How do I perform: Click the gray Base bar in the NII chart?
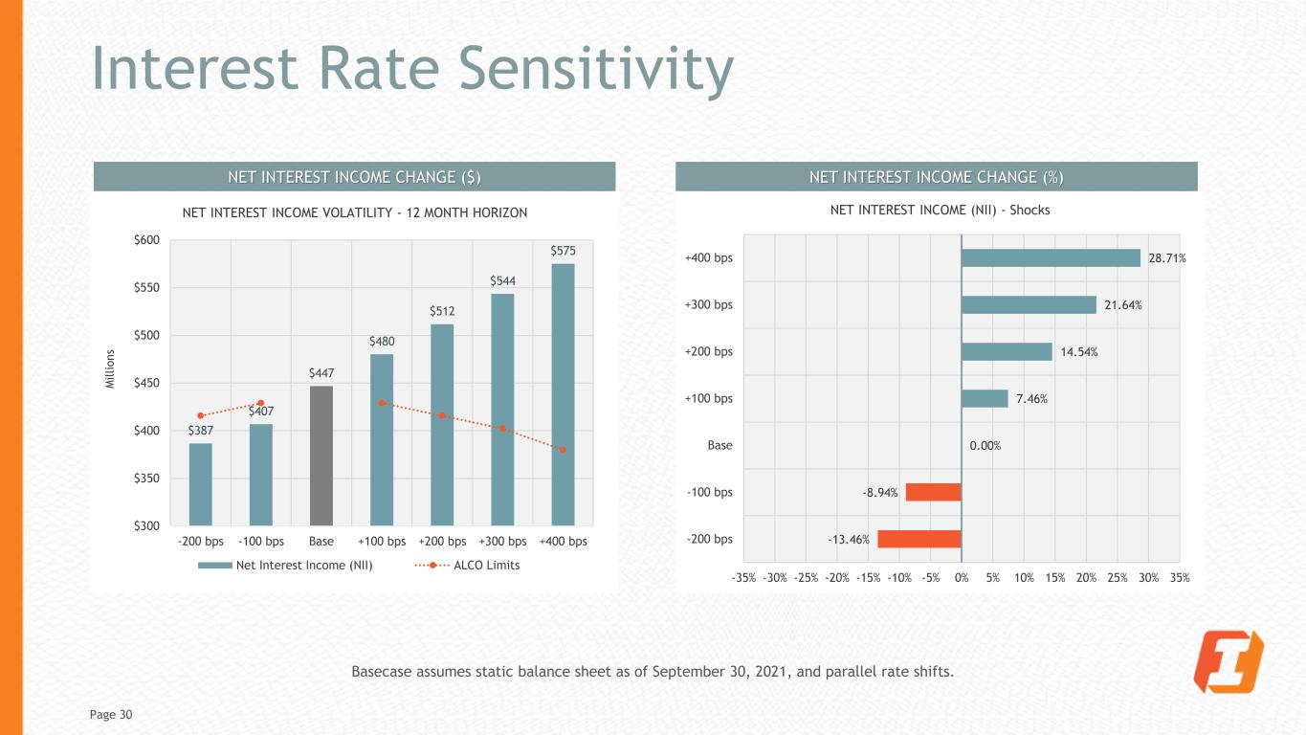[321, 456]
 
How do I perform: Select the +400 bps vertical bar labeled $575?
[563, 394]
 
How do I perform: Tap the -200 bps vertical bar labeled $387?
[200, 484]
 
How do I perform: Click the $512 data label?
[442, 311]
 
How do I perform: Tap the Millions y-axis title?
[110, 368]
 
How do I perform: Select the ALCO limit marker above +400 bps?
[563, 450]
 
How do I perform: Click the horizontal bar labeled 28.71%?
[1051, 257]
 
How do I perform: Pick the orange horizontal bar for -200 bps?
[919, 539]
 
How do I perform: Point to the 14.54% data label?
[1078, 351]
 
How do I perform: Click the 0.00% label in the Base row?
[985, 445]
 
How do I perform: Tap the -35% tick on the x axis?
[743, 577]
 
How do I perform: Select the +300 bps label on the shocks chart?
[709, 305]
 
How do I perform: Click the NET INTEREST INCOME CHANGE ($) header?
[353, 177]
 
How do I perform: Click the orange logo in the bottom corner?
[1229, 662]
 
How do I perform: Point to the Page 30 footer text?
[112, 714]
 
